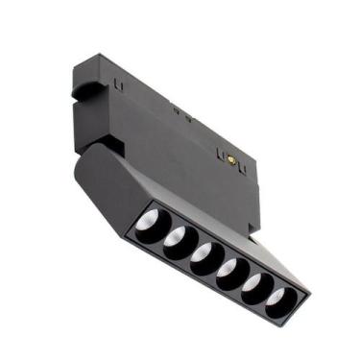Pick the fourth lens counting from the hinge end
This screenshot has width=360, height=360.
pyautogui.click(x=228, y=272)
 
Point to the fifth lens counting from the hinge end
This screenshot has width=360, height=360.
pyautogui.click(x=252, y=286)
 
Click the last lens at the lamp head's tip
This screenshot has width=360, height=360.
pyautogui.click(x=277, y=300)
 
